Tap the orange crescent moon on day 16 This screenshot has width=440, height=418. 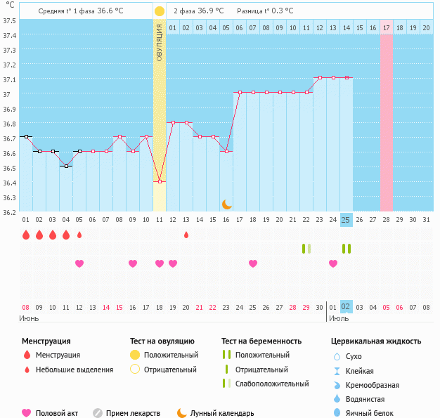pyautogui.click(x=226, y=204)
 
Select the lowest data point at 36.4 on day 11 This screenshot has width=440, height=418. pyautogui.click(x=160, y=182)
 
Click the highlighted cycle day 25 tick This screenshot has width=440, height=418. pyautogui.click(x=346, y=220)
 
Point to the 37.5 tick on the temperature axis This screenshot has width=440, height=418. pyautogui.click(x=9, y=20)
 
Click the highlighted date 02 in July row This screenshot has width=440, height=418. pyautogui.click(x=346, y=307)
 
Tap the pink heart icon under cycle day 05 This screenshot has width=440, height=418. pyautogui.click(x=79, y=263)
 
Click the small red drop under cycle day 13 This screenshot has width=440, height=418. pyautogui.click(x=186, y=235)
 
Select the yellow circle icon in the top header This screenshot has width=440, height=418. pyautogui.click(x=160, y=11)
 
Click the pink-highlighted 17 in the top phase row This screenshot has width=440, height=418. pyautogui.click(x=387, y=27)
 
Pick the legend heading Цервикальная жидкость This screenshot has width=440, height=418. pyautogui.click(x=376, y=341)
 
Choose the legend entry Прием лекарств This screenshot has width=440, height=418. pyautogui.click(x=132, y=413)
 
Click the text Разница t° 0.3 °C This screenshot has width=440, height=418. pyautogui.click(x=265, y=11)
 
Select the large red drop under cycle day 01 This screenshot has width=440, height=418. pyautogui.click(x=26, y=235)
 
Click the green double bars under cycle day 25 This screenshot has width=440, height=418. pyautogui.click(x=346, y=249)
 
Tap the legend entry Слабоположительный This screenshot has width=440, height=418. pyautogui.click(x=271, y=384)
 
